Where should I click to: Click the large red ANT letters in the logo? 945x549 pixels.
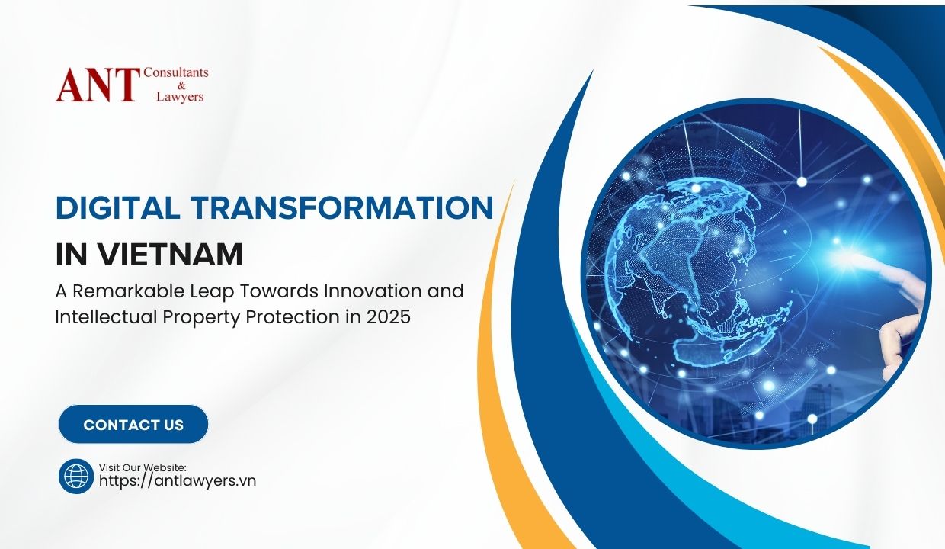(98, 85)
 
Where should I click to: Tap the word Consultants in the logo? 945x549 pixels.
(176, 72)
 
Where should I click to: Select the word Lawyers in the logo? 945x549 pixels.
(180, 97)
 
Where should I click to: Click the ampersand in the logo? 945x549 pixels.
(181, 85)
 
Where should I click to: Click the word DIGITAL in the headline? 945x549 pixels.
(117, 207)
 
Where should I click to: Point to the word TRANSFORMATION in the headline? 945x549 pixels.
(341, 207)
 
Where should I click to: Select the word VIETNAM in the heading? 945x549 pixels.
(171, 255)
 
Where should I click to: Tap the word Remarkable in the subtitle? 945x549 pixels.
(129, 291)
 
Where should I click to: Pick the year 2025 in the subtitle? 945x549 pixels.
(388, 317)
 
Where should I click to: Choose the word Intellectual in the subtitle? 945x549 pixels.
(107, 317)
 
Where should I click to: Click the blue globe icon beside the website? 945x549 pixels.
(76, 476)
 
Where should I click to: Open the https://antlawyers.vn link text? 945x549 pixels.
(178, 481)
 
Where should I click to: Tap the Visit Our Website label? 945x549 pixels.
(143, 467)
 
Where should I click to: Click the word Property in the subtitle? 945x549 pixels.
(201, 317)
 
